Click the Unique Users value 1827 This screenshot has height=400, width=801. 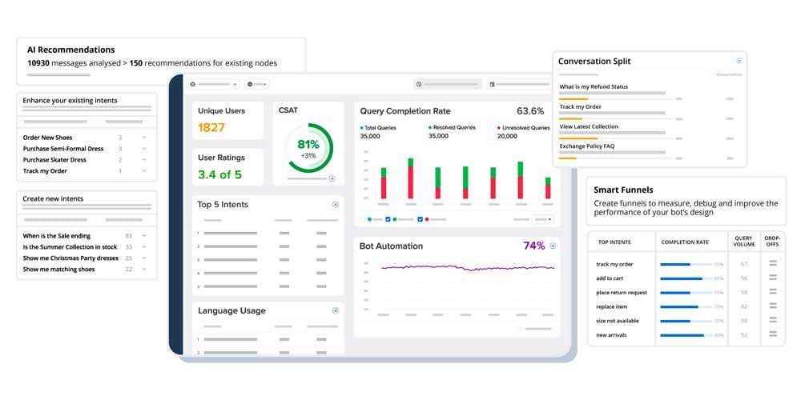[211, 127]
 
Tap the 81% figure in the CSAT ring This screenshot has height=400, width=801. [308, 145]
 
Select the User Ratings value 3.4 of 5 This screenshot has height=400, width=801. [219, 174]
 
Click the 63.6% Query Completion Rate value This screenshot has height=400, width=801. [530, 111]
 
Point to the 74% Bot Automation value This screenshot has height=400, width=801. [533, 246]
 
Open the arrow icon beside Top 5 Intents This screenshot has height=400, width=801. [336, 205]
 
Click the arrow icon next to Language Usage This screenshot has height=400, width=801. [336, 310]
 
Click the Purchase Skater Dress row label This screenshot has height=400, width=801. [54, 160]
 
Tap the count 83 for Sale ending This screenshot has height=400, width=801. [128, 236]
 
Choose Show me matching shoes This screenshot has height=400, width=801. [58, 270]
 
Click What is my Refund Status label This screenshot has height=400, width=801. [594, 86]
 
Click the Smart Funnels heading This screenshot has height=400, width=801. [623, 190]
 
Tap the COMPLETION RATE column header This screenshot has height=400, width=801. [684, 242]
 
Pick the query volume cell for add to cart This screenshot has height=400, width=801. [743, 278]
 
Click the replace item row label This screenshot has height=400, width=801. [612, 307]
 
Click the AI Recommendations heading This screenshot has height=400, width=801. [70, 50]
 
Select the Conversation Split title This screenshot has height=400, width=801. [594, 62]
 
